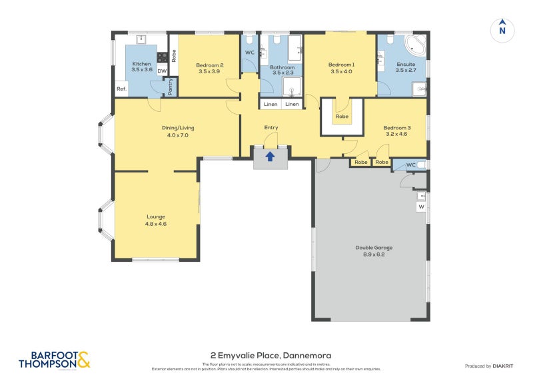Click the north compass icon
coord(502,30)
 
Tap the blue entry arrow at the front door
coord(270,157)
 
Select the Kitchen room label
coord(143,65)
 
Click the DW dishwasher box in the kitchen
coord(162,71)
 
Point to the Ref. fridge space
coord(121,89)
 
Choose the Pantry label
coord(171,87)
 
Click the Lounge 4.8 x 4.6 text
coord(155,220)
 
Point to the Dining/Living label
coord(177,131)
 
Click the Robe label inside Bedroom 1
coord(342,117)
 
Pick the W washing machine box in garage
coord(421,207)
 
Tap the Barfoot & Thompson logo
coord(54,360)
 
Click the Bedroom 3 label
coord(396,130)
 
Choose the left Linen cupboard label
coord(270,105)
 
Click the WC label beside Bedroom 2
coord(249,53)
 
